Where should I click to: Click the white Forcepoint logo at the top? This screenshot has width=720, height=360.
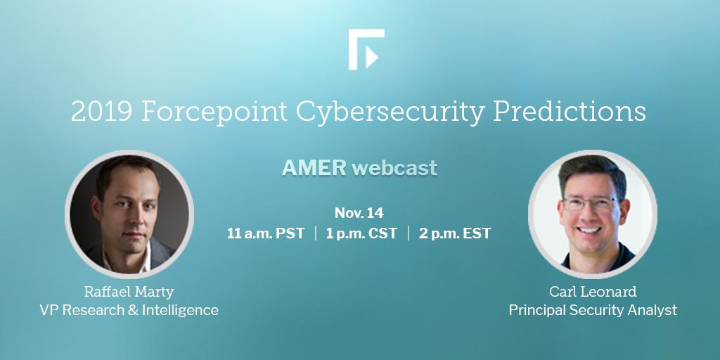[x=366, y=49]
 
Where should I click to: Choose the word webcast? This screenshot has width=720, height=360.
[x=394, y=168]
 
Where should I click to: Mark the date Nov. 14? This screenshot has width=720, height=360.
[x=359, y=212]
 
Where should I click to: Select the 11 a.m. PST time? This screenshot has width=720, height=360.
[x=265, y=233]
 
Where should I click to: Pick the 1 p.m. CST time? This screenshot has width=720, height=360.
[x=361, y=233]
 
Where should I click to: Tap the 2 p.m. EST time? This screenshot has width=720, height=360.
[x=455, y=233]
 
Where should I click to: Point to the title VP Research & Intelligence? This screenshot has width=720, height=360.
[x=129, y=310]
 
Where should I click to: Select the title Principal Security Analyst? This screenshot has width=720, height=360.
[x=593, y=310]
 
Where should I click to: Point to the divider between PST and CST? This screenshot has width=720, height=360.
[x=316, y=233]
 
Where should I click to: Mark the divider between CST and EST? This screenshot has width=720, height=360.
[x=409, y=233]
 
